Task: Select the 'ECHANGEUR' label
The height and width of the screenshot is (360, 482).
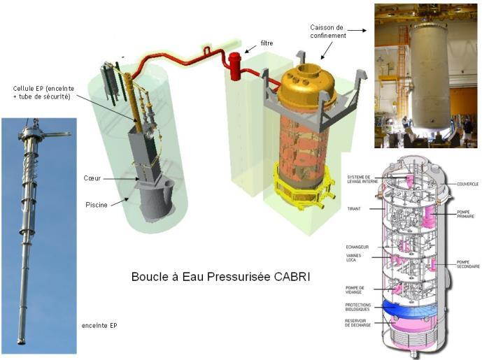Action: click(359, 246)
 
